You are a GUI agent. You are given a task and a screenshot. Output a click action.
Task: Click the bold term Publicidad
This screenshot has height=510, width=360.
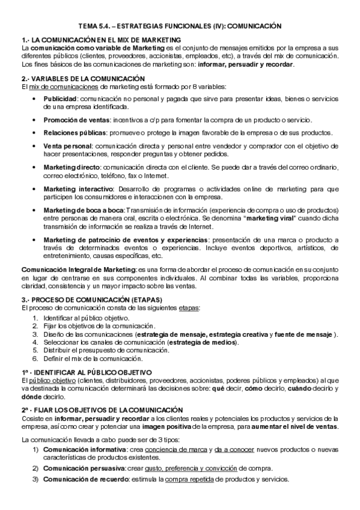coord(60,98)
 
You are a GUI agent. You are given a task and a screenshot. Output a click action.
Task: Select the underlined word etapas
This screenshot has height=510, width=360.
coord(188,308)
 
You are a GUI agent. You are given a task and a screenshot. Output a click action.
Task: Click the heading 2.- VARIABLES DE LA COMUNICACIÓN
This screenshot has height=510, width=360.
coord(83,78)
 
